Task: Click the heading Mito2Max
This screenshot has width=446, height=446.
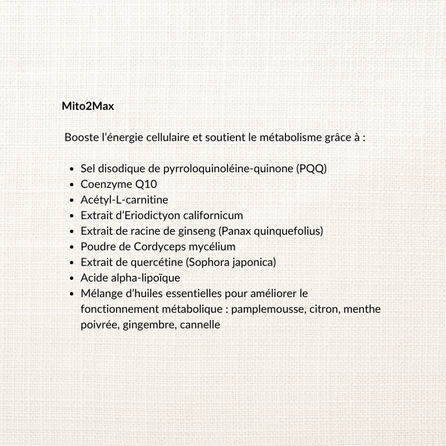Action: pos(88,105)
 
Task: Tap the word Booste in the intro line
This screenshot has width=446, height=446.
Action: pos(81,137)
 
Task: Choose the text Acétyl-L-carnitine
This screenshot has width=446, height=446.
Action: pos(124,199)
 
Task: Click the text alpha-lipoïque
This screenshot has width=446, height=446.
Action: pos(144,277)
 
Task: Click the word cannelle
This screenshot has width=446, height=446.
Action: pos(200,324)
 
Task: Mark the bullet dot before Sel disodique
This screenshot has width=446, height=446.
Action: pos(73,168)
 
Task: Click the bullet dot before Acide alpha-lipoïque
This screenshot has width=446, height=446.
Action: pos(73,278)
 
